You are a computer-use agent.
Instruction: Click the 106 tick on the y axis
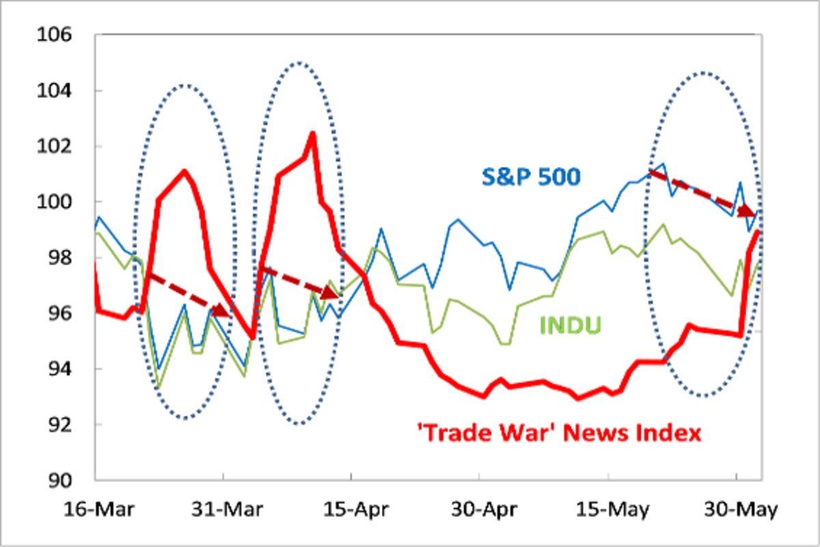[x=56, y=35]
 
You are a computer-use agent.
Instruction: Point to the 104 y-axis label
[x=56, y=91]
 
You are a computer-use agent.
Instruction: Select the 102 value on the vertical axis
[x=56, y=146]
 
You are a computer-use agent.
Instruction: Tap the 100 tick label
[x=56, y=202]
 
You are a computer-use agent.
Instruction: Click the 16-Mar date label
[x=95, y=511]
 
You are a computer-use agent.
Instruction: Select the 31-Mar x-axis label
[x=223, y=511]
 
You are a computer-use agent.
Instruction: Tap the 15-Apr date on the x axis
[x=351, y=511]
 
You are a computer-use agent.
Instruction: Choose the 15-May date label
[x=607, y=511]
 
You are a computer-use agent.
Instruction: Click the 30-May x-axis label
[x=735, y=511]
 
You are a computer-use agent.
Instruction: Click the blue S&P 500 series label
[x=531, y=176]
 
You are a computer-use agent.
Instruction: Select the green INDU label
[x=571, y=325]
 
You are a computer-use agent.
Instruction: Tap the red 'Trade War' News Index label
[x=559, y=433]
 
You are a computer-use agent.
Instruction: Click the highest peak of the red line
[x=312, y=133]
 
